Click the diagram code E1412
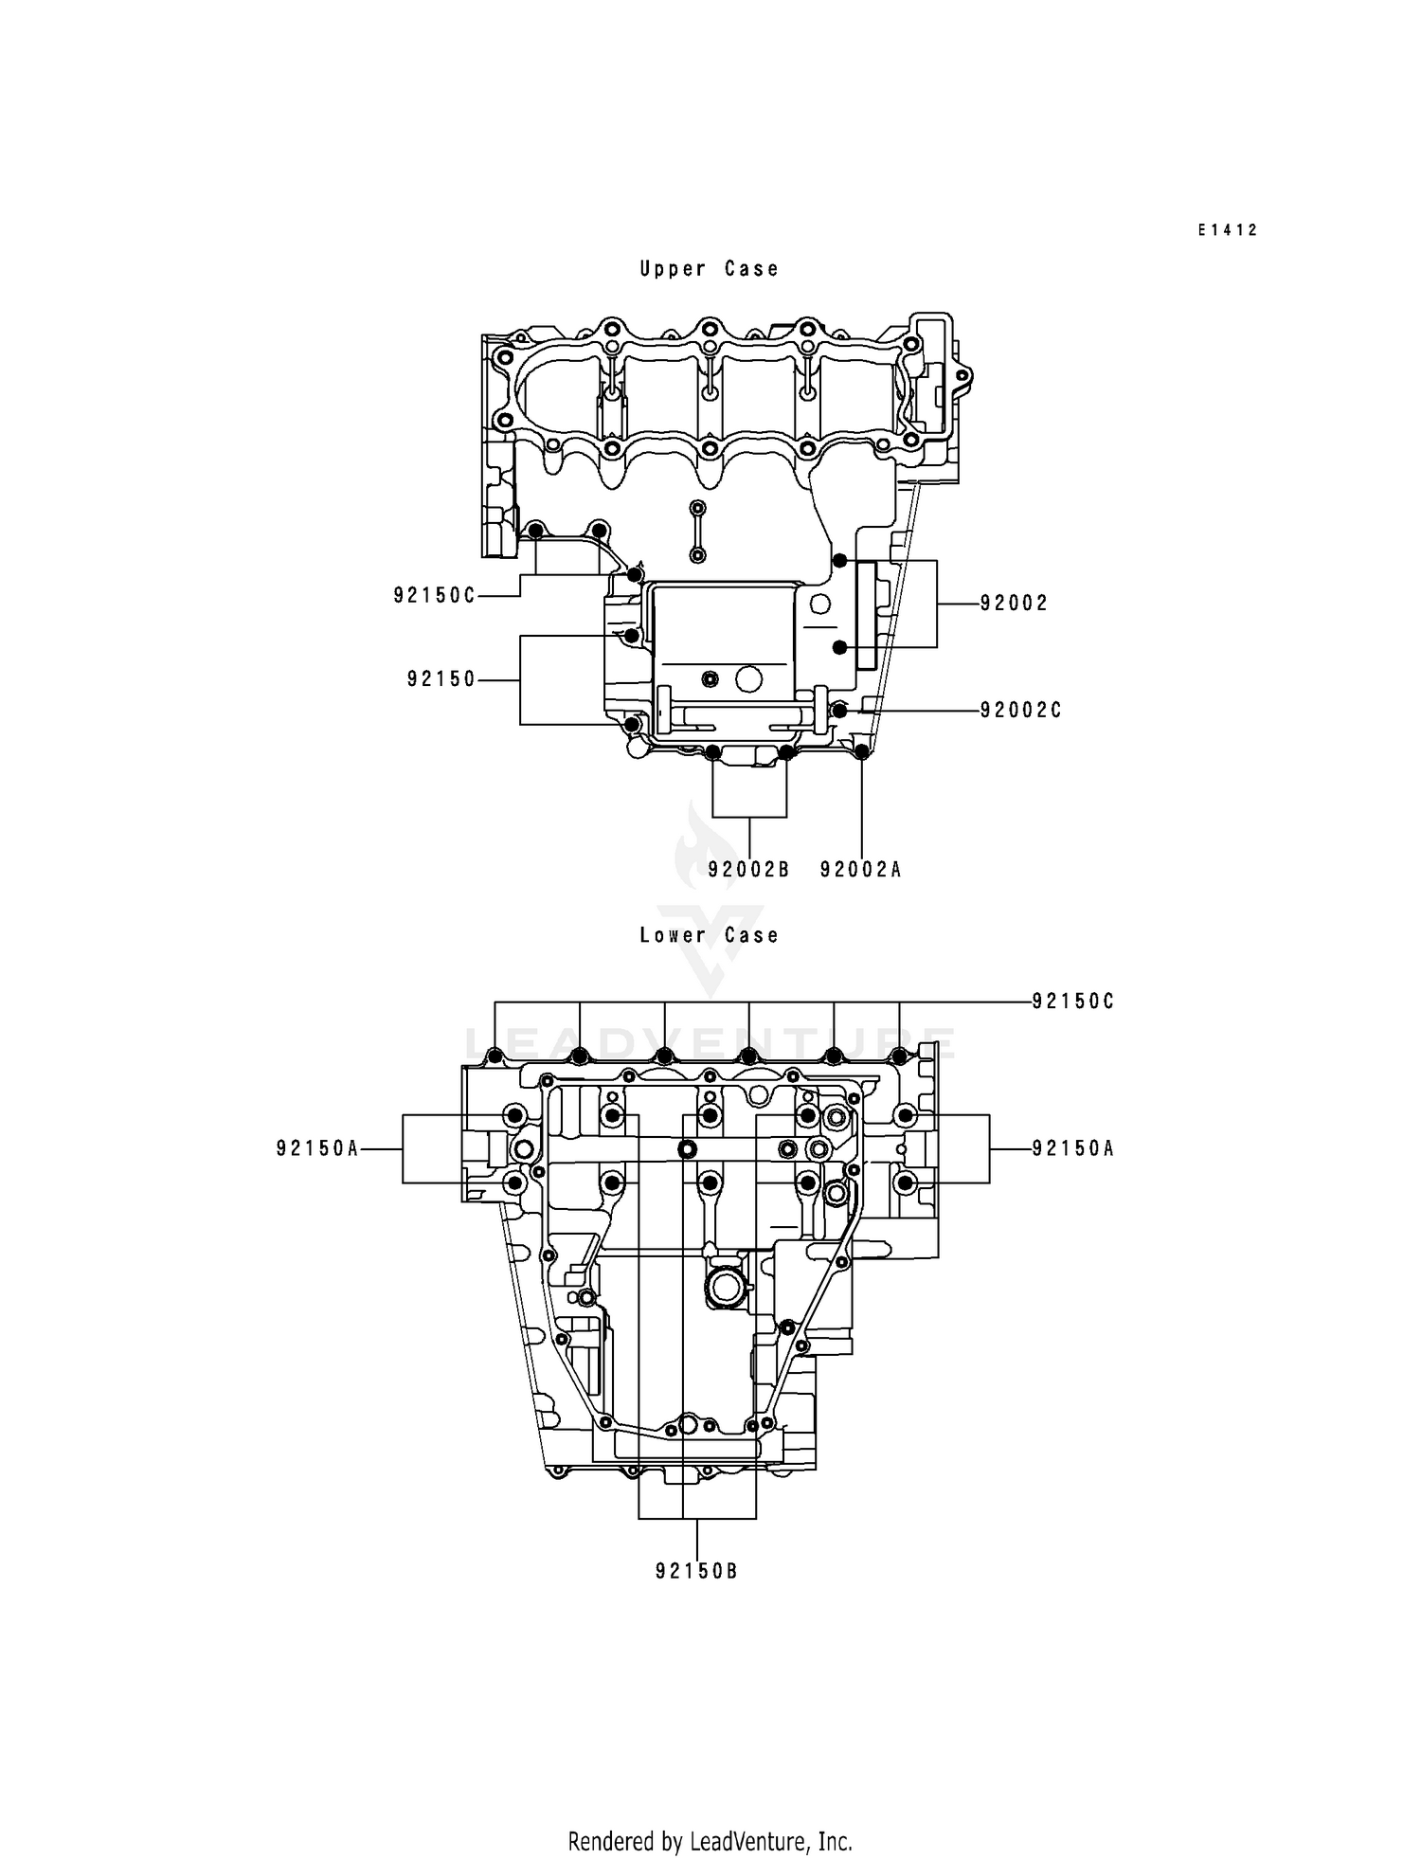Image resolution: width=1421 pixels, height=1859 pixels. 1228,230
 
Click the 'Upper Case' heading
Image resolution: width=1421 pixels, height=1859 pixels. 709,269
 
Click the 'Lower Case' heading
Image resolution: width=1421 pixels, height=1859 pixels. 709,935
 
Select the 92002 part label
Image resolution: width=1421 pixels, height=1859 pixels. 1014,604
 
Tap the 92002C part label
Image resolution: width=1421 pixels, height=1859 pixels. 1020,710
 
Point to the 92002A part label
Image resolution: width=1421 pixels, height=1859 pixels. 860,869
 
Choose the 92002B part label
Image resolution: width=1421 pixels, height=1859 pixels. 748,869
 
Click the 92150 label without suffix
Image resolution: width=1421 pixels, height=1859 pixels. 441,679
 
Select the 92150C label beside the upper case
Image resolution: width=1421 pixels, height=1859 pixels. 435,595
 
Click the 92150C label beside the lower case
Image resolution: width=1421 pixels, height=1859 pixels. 1073,1002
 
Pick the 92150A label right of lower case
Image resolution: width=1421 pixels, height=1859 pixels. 1073,1148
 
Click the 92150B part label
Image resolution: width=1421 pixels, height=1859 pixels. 696,1571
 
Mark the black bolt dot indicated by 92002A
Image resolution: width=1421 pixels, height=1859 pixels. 861,752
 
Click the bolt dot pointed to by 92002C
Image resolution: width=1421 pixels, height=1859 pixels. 838,710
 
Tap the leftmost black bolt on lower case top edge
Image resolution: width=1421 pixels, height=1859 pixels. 494,1056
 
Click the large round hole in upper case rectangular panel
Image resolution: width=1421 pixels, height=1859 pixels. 749,678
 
